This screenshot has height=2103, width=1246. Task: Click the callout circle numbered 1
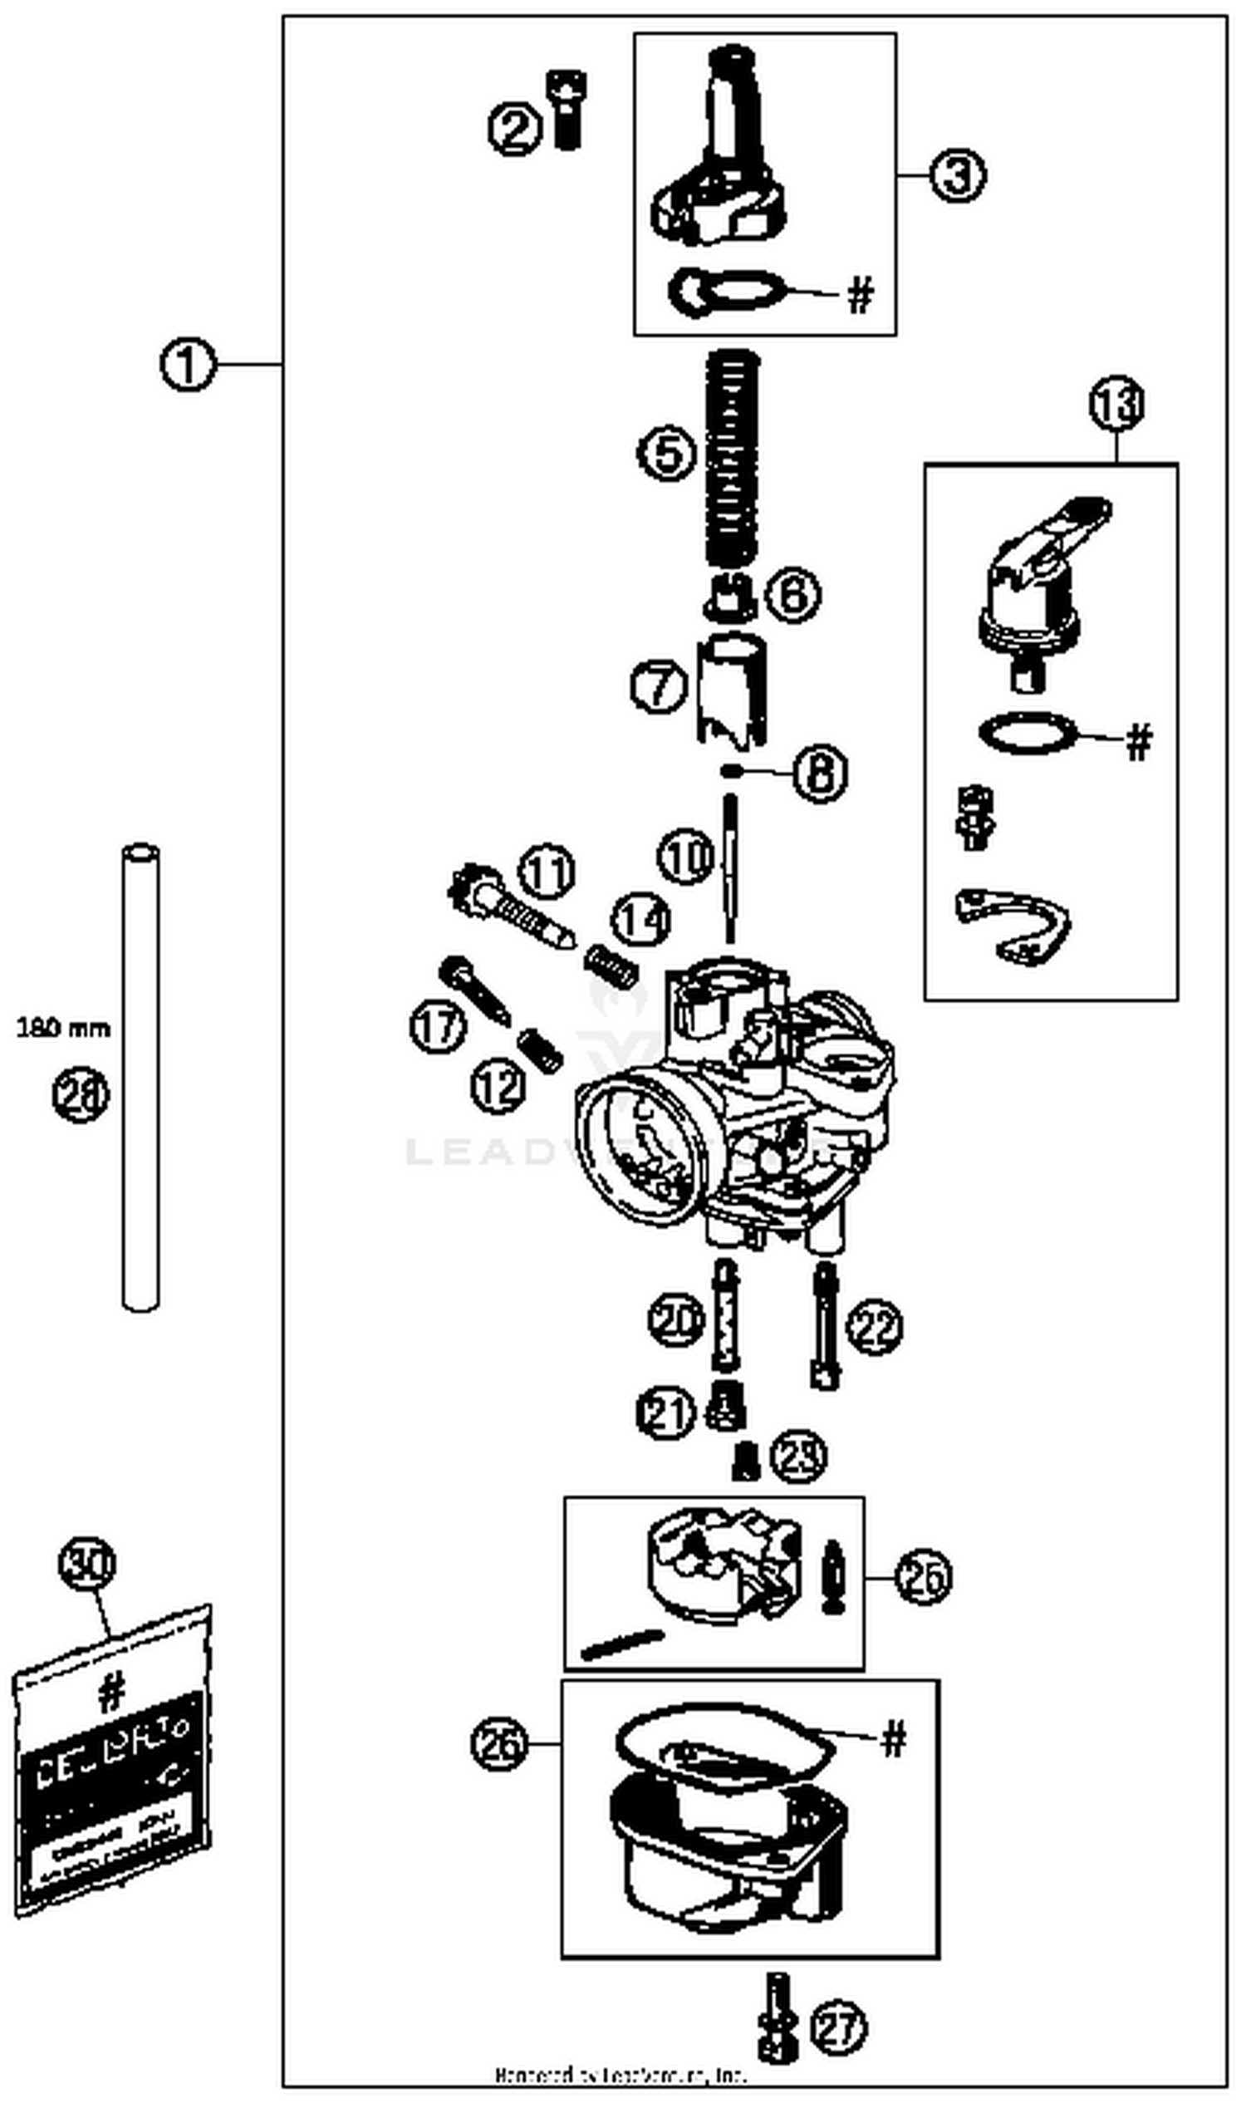(187, 366)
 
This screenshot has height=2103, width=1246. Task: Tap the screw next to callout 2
(567, 111)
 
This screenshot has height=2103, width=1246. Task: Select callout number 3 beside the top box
(956, 175)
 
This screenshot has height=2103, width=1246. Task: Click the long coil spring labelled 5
(731, 458)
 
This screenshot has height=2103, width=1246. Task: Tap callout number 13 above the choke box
(1116, 404)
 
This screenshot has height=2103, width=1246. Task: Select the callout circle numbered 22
(874, 1326)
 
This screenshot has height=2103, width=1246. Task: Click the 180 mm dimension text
(63, 1028)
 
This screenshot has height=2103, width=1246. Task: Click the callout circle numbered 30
(86, 1563)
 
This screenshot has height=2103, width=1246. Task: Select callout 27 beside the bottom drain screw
(838, 2027)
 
